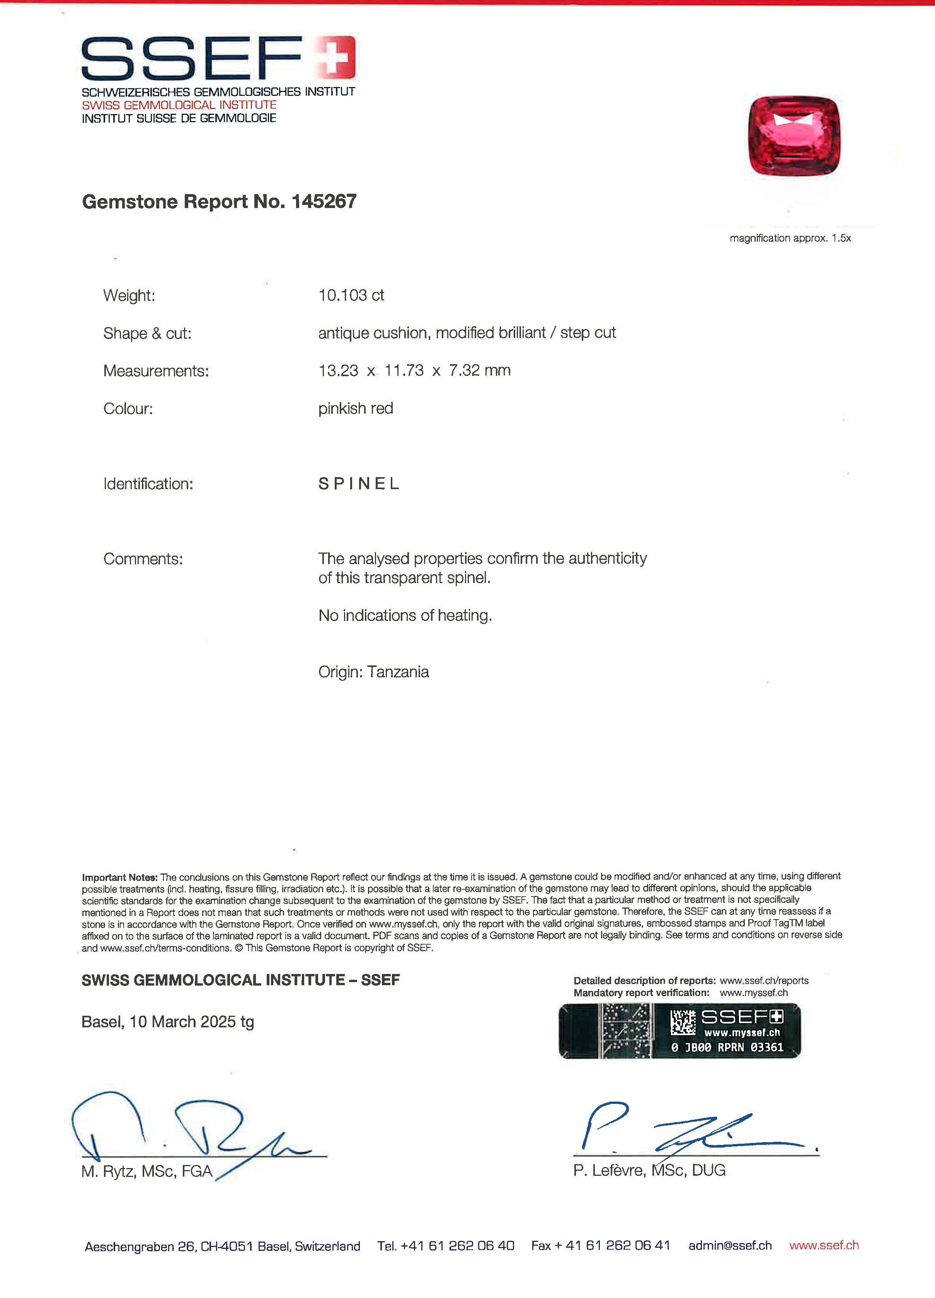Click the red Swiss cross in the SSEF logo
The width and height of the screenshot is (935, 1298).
[x=335, y=57]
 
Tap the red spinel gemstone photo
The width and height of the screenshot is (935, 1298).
[x=794, y=136]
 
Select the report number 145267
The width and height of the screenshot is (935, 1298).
[x=324, y=201]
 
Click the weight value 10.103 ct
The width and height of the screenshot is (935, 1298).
[x=351, y=295]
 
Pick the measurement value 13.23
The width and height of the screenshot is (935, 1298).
[x=338, y=371]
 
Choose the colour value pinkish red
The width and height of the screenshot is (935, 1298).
[x=355, y=409]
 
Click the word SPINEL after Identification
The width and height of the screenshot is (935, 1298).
[x=359, y=484]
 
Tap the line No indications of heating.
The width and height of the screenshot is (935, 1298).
[x=405, y=616]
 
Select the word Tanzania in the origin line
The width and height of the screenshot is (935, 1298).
[x=398, y=672]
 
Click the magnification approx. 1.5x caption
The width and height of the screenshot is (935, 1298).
[x=790, y=238]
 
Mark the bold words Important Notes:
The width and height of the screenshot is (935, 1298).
[x=119, y=877]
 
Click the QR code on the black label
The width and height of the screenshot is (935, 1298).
[x=683, y=1022]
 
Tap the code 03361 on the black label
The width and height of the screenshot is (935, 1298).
[x=767, y=1047]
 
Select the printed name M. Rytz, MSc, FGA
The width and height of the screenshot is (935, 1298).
[x=146, y=1172]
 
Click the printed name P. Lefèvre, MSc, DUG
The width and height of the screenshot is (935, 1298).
[x=649, y=1170]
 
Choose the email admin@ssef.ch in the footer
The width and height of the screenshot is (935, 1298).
[x=730, y=1246]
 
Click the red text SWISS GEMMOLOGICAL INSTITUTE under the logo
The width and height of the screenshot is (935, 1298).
[x=179, y=105]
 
